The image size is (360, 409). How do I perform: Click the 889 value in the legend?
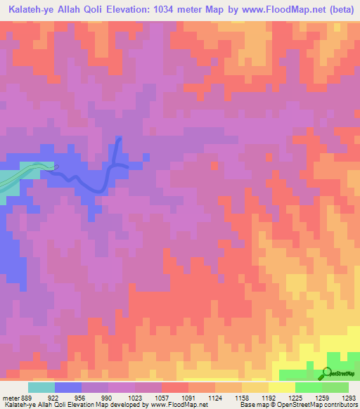click(x=26, y=397)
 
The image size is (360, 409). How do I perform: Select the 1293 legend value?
click(x=349, y=397)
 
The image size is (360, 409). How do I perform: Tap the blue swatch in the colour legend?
click(x=68, y=387)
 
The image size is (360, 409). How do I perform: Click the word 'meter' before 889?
click(x=11, y=397)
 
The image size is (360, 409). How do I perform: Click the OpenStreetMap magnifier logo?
click(x=327, y=373)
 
